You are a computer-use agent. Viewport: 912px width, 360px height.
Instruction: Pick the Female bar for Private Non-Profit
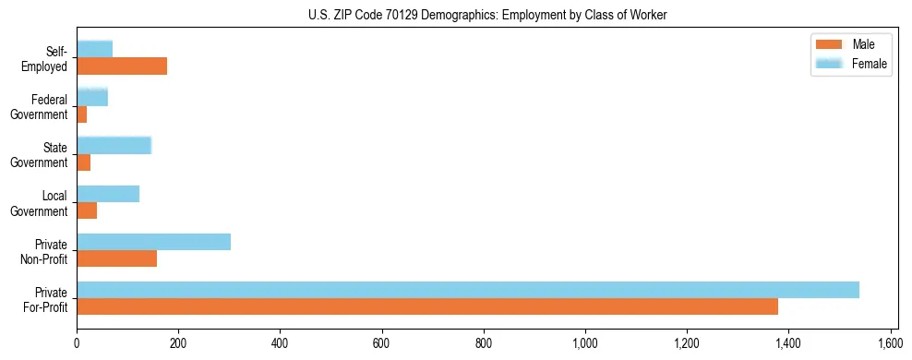(x=153, y=242)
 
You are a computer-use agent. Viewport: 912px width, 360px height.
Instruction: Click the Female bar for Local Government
(x=108, y=194)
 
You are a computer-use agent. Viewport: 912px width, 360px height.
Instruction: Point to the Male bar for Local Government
(x=87, y=210)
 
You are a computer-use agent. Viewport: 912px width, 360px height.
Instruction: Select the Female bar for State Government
(x=114, y=145)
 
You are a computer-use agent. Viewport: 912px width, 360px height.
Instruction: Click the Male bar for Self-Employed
(x=122, y=66)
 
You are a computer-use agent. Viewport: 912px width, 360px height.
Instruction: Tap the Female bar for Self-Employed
(x=94, y=49)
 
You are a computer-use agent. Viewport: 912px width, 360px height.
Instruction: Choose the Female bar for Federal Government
(x=92, y=97)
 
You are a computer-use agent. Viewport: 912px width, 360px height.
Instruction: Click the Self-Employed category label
(x=50, y=58)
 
